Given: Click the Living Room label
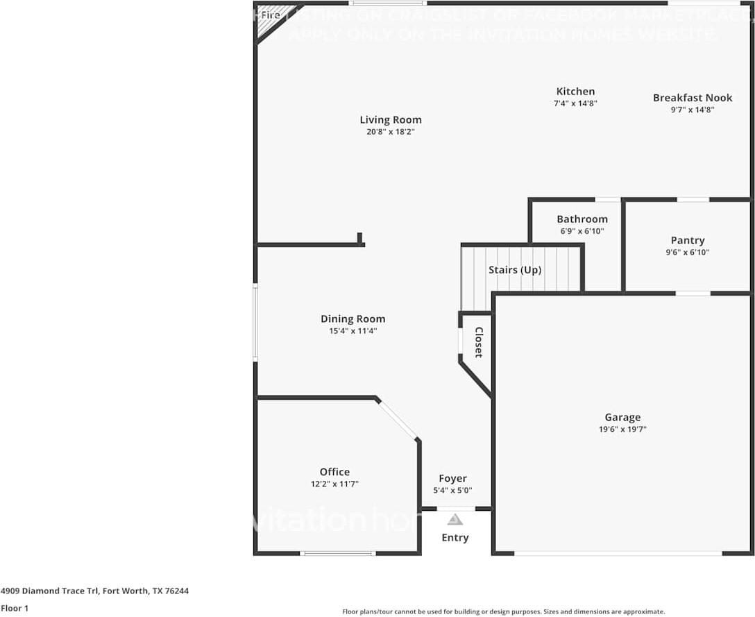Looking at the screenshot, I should (390, 119).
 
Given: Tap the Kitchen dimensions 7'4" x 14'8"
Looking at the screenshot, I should (575, 103).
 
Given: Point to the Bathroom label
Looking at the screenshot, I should (582, 219).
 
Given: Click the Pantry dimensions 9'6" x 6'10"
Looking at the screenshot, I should (687, 253).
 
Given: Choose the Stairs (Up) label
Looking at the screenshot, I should (514, 269).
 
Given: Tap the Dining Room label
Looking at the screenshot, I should (353, 319).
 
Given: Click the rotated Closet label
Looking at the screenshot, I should (478, 342).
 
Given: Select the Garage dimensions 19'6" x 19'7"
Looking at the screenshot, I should (622, 430).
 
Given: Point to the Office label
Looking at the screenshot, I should (334, 472).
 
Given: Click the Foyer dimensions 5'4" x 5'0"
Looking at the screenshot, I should (452, 490).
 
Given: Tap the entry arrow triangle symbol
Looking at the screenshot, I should (455, 519).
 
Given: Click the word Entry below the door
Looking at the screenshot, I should (455, 537).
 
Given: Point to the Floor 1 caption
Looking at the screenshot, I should (15, 608).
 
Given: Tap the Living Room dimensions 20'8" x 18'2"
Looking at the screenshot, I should (390, 131).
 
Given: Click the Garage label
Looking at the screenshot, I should (622, 417).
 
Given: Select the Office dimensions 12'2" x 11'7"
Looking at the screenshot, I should (334, 484).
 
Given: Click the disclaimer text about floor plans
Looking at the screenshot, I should (503, 611).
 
